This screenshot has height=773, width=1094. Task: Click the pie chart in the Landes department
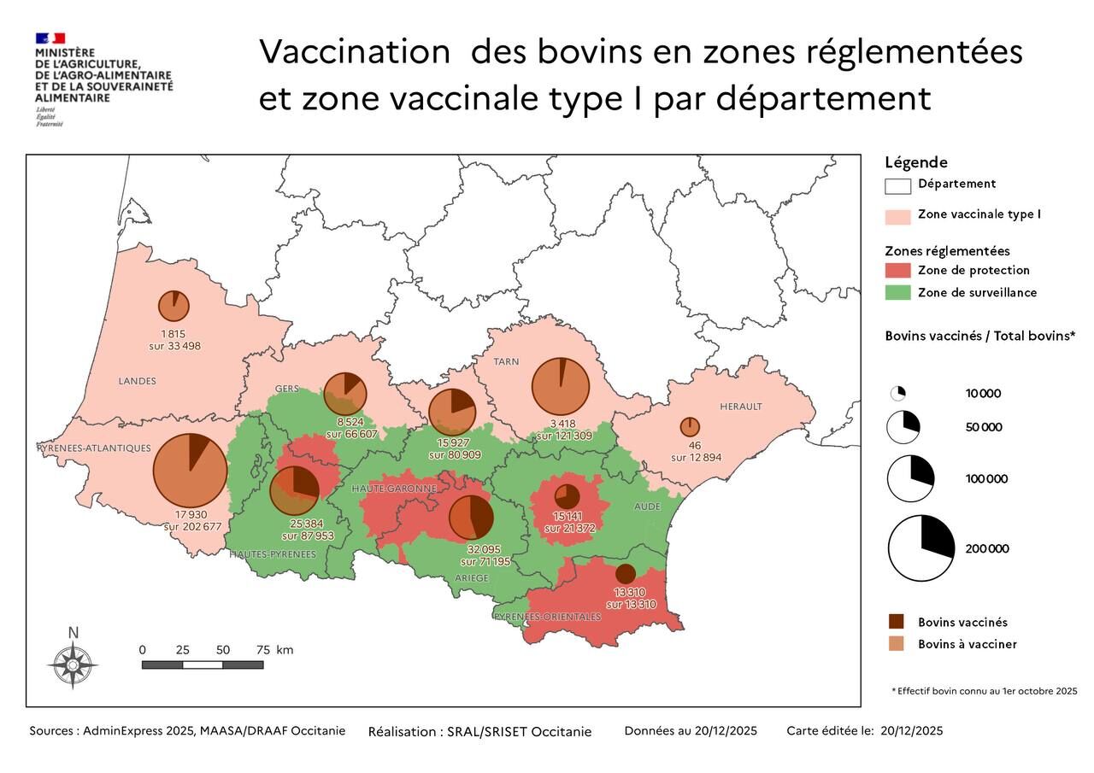(174, 306)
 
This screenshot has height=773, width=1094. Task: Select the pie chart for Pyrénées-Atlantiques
(190, 470)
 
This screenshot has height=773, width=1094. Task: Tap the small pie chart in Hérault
(690, 426)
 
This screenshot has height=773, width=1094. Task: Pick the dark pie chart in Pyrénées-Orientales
(626, 574)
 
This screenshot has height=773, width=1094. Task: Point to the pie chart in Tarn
(561, 387)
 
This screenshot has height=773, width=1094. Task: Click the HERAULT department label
(740, 406)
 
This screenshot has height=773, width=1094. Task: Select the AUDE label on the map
(647, 507)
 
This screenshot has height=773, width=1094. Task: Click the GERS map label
(286, 389)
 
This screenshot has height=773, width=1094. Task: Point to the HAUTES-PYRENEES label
(272, 554)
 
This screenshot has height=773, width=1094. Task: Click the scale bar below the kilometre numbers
(203, 665)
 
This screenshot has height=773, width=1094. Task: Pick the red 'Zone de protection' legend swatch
(897, 271)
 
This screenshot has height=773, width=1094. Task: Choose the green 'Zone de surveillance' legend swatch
(897, 293)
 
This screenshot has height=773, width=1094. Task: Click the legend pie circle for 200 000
(920, 548)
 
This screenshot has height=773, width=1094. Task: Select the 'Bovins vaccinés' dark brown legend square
(896, 622)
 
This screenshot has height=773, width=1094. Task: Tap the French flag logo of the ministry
(50, 38)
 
